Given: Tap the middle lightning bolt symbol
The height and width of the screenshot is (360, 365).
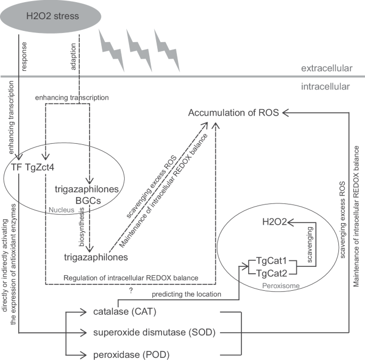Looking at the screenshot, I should click(x=139, y=50).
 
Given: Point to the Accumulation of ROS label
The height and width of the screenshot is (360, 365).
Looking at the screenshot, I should click(x=233, y=112).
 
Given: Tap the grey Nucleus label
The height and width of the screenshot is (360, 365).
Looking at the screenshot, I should click(x=60, y=210).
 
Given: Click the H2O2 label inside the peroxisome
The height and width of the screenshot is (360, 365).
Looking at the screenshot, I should click(x=274, y=222).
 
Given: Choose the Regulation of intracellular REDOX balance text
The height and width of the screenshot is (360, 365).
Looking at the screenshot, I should click(x=131, y=277).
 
